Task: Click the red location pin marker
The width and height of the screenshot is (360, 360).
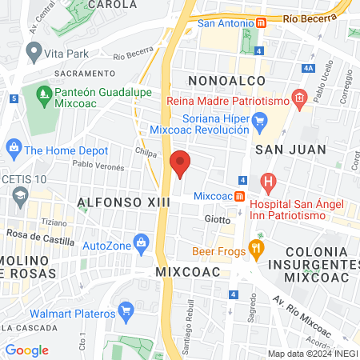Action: point(180,162)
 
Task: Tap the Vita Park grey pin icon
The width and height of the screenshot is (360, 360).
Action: point(34,52)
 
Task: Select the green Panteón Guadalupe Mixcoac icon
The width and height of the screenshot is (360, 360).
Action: point(45,96)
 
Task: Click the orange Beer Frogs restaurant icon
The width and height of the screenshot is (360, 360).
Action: point(256,248)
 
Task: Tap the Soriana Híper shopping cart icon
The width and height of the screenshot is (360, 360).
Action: point(258,121)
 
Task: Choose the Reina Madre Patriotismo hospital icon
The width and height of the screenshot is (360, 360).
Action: point(300,101)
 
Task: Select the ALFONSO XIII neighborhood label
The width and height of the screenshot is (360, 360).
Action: point(124,203)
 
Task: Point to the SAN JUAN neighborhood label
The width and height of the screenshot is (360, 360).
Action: point(290,149)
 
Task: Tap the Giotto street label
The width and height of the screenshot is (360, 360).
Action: point(218,218)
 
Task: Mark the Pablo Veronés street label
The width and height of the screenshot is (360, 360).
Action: point(98,167)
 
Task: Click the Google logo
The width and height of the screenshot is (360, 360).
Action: point(27,350)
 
